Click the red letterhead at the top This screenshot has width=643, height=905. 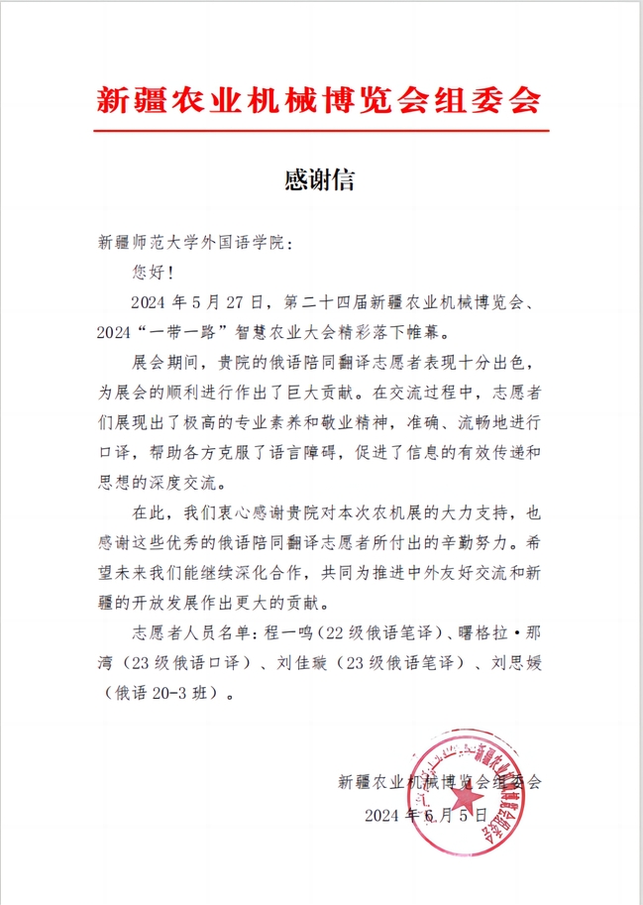point(321,99)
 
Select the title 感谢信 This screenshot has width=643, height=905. point(320,180)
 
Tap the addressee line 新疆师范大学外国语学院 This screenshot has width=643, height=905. point(195,242)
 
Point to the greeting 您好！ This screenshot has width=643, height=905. point(152,269)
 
